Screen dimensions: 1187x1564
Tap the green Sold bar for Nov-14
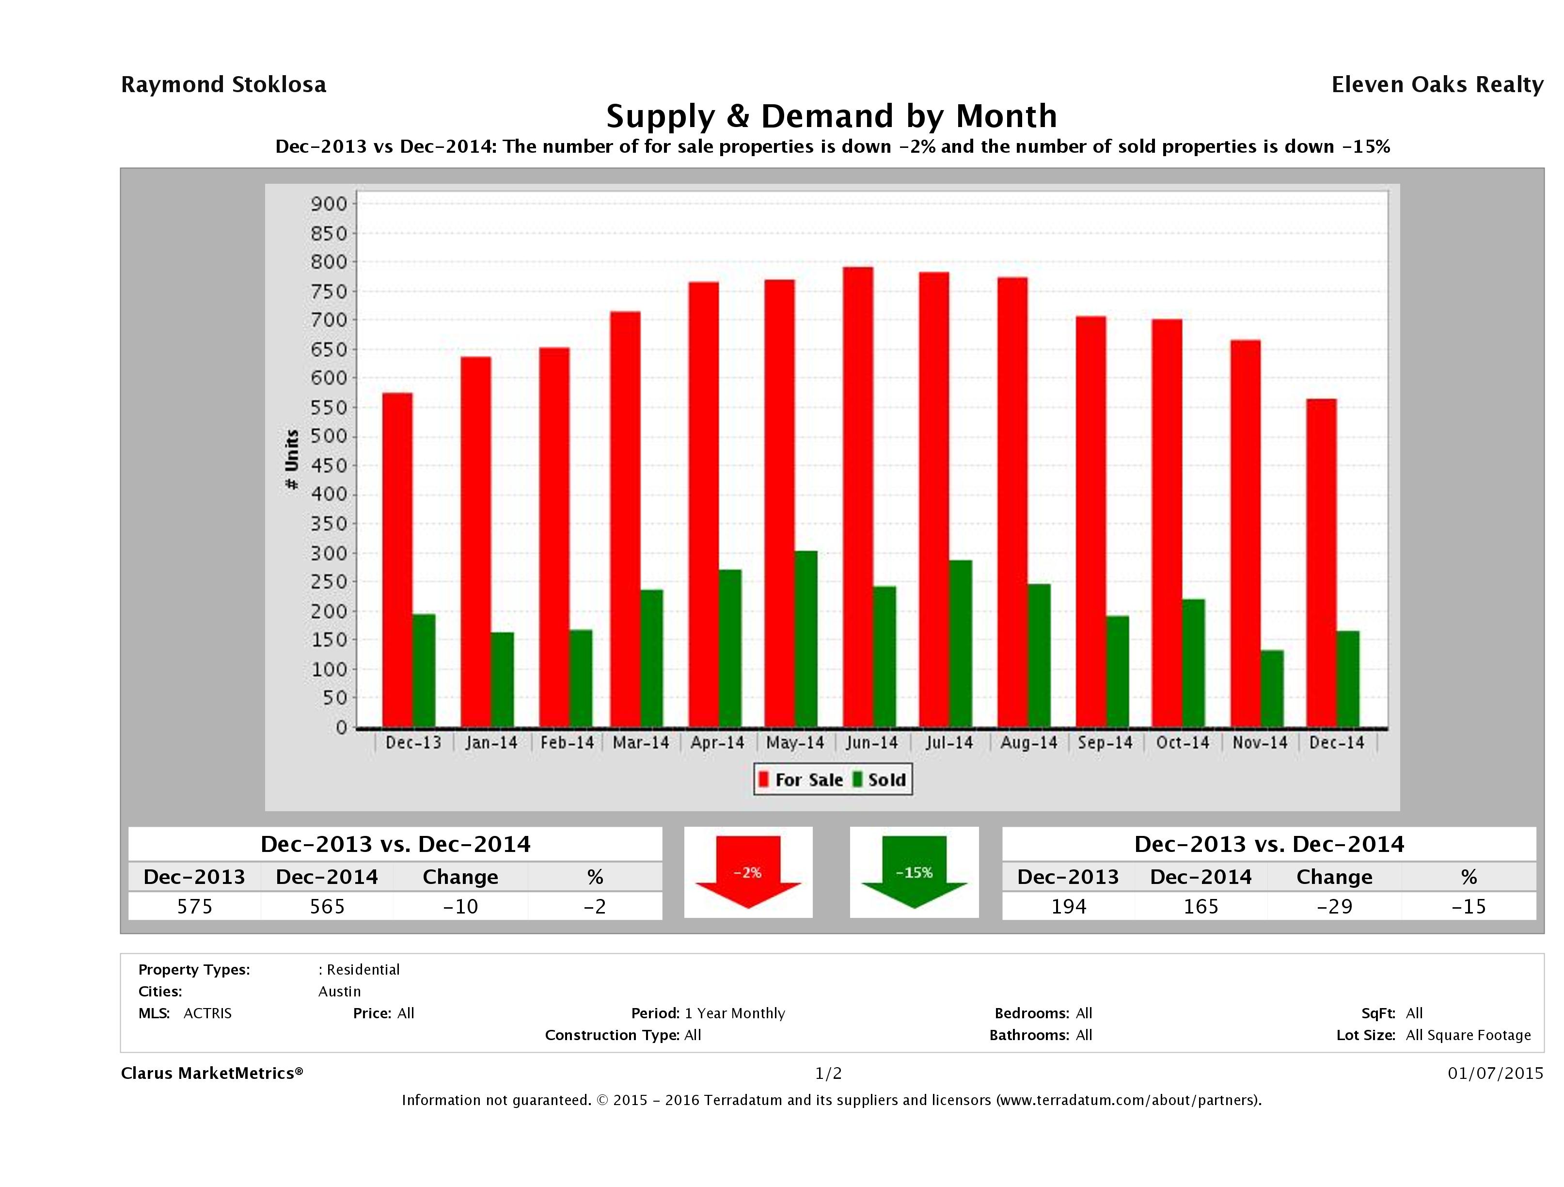click(1272, 688)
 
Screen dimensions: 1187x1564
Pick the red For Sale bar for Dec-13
click(397, 560)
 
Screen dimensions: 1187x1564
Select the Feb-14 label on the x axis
click(567, 743)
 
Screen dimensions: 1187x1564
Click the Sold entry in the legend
click(880, 780)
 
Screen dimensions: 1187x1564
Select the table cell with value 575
click(194, 906)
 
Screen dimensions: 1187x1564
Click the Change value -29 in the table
click(1334, 906)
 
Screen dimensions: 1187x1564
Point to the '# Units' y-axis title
click(291, 459)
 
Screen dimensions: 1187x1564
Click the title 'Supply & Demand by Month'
click(832, 116)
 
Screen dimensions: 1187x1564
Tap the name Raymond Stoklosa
click(223, 85)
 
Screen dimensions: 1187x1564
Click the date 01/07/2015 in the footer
click(1495, 1073)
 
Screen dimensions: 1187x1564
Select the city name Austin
click(339, 991)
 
